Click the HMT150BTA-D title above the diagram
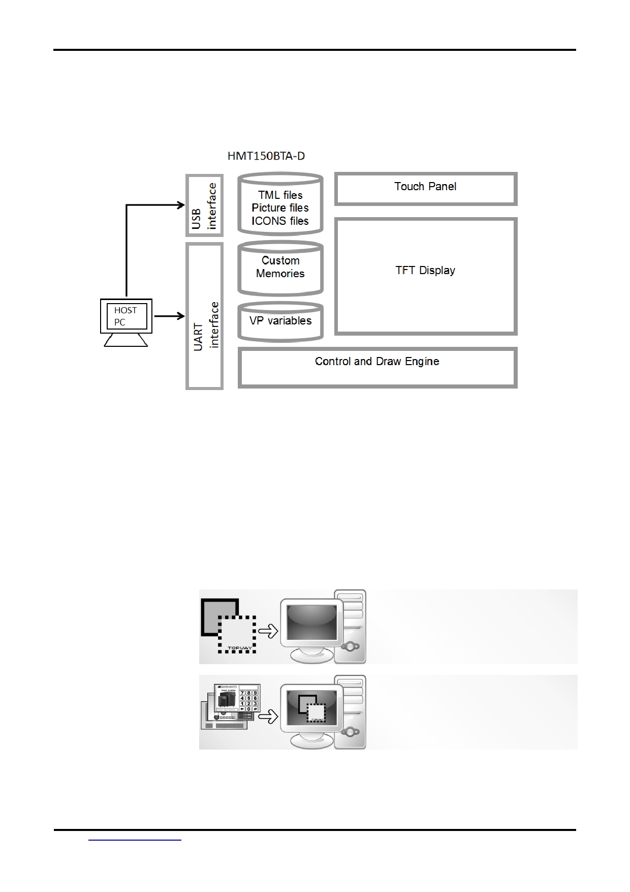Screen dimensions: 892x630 click(266, 156)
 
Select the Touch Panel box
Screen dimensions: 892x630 click(425, 188)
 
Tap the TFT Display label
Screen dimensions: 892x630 click(425, 271)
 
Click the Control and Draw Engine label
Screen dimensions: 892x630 click(377, 362)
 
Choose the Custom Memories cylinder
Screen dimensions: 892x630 click(280, 267)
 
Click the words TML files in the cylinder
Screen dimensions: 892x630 click(280, 195)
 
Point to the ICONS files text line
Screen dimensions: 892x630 click(280, 221)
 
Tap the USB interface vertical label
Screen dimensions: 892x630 click(204, 205)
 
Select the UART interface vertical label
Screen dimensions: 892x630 click(206, 325)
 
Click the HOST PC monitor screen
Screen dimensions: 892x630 click(126, 316)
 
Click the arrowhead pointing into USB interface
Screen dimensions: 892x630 click(181, 205)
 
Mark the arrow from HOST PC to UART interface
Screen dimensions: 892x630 click(169, 316)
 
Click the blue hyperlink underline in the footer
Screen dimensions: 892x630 click(135, 840)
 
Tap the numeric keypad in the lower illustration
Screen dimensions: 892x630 click(248, 700)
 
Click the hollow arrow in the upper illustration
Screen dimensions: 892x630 click(268, 631)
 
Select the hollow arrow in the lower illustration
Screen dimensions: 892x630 click(268, 717)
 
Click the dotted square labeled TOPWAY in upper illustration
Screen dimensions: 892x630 click(237, 635)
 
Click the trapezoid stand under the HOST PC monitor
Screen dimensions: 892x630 click(126, 340)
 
